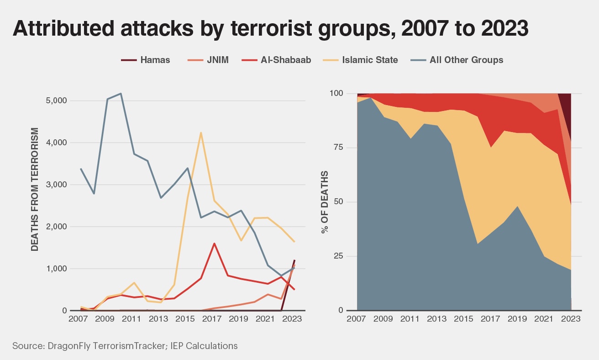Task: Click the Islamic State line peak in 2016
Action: [201, 133]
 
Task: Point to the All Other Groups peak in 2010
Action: [121, 94]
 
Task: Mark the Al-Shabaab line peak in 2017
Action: [214, 244]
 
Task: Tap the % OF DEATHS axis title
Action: [325, 202]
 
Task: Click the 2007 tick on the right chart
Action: [357, 318]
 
